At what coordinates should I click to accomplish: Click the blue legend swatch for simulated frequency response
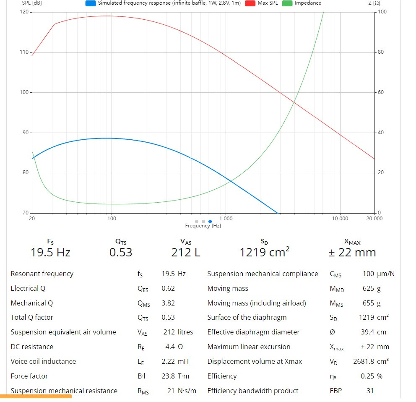90,3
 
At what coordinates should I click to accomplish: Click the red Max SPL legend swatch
250,3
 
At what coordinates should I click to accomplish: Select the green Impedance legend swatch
287,3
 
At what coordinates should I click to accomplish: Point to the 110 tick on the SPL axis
25,52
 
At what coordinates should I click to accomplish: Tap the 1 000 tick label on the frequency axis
226,218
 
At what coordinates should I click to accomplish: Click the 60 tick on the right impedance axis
381,92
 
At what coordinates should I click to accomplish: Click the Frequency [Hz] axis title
203,226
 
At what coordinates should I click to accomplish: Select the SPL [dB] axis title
32,3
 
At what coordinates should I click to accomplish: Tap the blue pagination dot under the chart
210,221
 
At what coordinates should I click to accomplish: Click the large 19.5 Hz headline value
50,252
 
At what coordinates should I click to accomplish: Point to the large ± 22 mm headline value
352,252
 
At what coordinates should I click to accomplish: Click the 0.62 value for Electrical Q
168,288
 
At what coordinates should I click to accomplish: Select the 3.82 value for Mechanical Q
168,303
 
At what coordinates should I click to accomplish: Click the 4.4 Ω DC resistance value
174,347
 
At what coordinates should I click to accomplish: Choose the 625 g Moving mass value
372,288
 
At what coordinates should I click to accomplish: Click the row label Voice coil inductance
43,361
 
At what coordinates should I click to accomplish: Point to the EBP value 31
370,391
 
